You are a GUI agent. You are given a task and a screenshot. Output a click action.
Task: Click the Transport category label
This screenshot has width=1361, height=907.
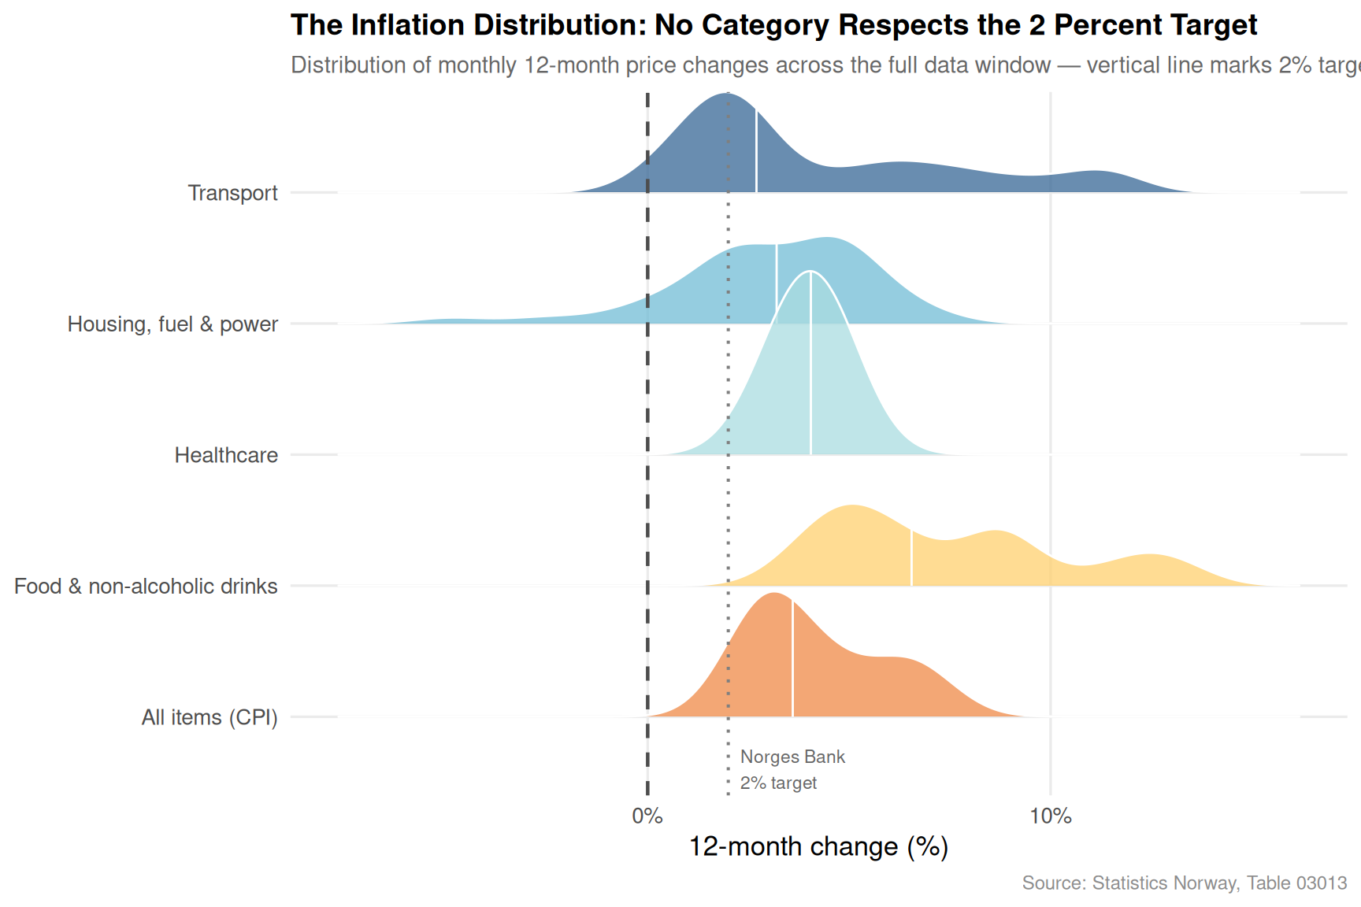232,193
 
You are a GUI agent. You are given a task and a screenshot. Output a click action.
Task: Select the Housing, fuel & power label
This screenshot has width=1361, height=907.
172,324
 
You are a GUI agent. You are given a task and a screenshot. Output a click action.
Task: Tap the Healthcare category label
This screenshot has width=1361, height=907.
226,455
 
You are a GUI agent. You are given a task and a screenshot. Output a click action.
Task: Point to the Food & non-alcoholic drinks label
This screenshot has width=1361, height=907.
146,587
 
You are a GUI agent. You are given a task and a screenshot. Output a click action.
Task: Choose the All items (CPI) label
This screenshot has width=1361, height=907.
210,717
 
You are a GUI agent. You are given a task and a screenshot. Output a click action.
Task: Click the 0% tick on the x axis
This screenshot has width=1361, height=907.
647,816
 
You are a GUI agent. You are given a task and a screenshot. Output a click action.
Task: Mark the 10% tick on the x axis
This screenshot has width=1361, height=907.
1051,816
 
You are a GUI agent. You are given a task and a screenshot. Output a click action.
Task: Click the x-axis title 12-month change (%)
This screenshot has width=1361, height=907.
818,846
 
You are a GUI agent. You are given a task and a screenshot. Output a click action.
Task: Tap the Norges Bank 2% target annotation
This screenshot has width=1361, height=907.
792,770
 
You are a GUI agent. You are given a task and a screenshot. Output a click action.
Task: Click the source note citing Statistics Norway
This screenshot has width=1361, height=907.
1185,883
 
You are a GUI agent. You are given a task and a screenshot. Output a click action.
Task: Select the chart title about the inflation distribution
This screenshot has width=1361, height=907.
773,25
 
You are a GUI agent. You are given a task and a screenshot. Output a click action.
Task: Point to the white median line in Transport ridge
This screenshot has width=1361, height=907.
756,150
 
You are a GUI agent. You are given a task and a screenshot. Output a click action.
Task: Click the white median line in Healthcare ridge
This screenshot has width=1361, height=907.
810,363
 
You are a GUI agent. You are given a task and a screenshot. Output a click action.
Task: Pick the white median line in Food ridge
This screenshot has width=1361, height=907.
911,557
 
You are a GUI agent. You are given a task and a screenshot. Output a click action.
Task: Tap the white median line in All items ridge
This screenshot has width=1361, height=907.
792,658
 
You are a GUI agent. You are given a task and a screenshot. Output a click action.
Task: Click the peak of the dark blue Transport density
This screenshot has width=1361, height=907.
725,93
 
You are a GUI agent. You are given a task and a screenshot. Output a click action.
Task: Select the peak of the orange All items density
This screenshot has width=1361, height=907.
775,593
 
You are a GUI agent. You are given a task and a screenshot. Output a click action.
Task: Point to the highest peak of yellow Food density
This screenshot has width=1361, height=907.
851,505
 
